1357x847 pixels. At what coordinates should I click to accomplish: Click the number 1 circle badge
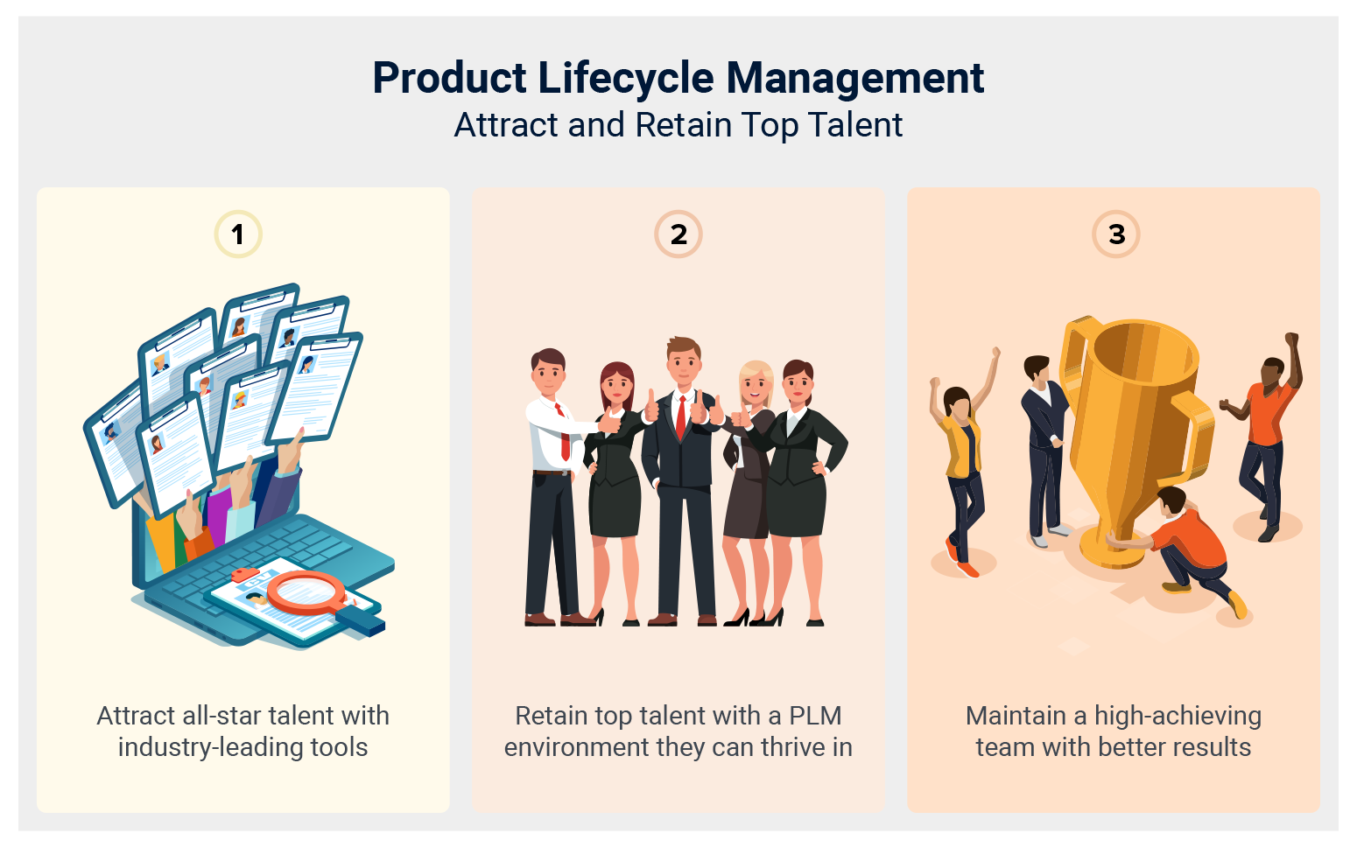click(x=237, y=234)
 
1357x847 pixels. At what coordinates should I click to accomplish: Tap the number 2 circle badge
click(x=678, y=234)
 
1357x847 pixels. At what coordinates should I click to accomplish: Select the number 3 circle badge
click(x=1116, y=234)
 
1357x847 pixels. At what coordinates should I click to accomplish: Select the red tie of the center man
click(x=681, y=417)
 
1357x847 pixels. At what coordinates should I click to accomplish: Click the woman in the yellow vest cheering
click(x=961, y=464)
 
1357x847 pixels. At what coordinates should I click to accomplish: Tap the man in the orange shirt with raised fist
click(x=1265, y=429)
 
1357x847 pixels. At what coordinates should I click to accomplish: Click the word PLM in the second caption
click(x=814, y=716)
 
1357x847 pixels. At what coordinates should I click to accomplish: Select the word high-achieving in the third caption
click(x=1178, y=716)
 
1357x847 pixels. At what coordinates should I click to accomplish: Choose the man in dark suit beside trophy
click(x=1044, y=446)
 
